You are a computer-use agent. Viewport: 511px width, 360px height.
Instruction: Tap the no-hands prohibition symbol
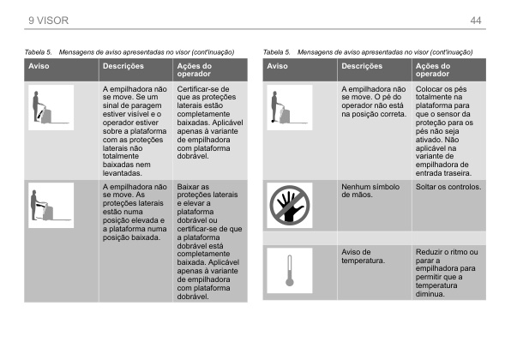tap(289, 205)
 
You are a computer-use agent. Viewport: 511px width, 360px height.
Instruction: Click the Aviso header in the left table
tap(39, 65)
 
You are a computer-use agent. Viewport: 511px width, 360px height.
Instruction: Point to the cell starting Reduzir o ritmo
tap(447, 273)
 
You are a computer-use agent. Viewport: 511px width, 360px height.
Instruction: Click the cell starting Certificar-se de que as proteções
tap(207, 125)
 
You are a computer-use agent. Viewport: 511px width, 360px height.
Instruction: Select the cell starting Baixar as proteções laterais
tap(207, 241)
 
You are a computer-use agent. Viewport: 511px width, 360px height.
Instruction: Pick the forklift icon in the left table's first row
tap(50, 106)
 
